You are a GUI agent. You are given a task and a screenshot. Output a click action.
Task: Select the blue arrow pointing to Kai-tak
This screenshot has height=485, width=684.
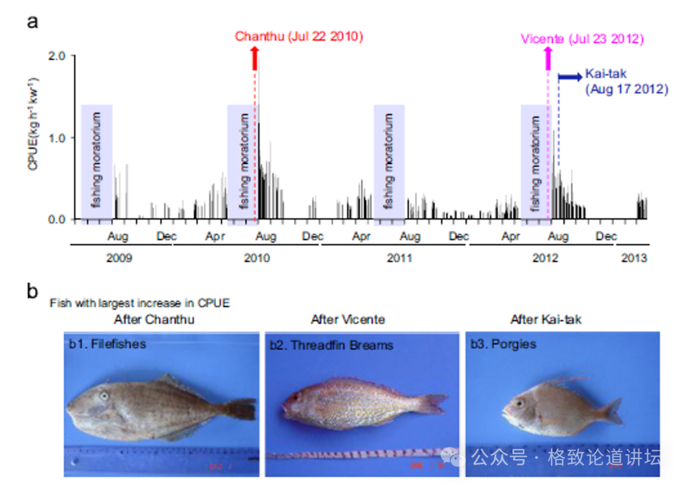[569, 77]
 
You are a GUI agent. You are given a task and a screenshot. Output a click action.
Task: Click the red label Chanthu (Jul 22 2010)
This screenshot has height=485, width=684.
[299, 36]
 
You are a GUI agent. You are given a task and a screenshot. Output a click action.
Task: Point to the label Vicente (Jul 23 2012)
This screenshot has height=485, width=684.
[582, 39]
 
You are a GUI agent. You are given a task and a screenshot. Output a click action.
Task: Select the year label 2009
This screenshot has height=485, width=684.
[120, 258]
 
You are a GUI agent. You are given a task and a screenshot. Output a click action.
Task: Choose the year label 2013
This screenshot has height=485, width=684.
[633, 258]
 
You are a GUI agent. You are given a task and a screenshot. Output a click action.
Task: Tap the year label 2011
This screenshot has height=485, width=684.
[399, 258]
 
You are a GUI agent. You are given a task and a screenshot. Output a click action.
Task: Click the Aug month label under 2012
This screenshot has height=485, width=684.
[557, 237]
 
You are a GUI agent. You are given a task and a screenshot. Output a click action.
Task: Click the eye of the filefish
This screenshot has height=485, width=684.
[104, 396]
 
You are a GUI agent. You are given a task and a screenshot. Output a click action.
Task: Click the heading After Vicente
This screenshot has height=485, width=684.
[348, 319]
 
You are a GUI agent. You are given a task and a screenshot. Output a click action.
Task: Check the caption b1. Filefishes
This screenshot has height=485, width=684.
[108, 344]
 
